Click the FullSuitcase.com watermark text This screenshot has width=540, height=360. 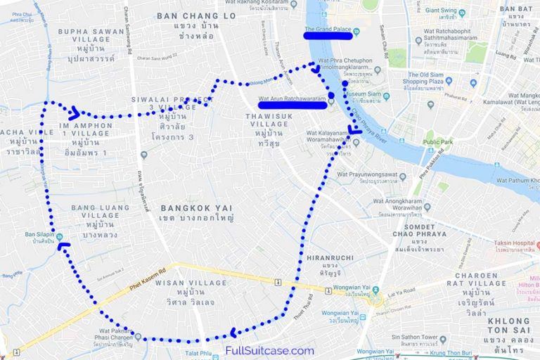[x=269, y=350]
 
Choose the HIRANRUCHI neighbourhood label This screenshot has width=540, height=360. [x=328, y=258]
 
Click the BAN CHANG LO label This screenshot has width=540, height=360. [x=196, y=15]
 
